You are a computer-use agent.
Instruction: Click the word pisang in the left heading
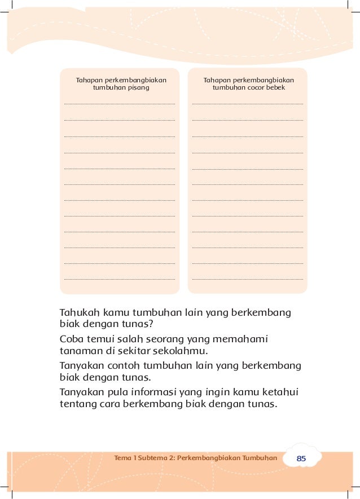point(139,88)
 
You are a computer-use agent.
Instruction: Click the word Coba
point(72,339)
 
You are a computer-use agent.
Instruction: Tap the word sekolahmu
point(176,351)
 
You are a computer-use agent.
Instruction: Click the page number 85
point(301,459)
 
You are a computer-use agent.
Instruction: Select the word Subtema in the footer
point(149,458)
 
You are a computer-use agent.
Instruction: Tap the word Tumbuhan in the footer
point(260,458)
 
